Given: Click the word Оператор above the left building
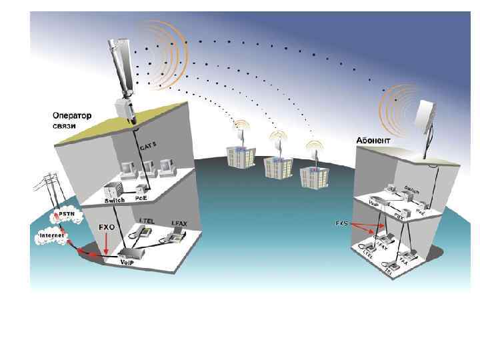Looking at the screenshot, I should pyautogui.click(x=72, y=115).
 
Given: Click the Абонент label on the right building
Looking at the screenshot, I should pyautogui.click(x=374, y=141).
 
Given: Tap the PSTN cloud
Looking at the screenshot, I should pyautogui.click(x=67, y=215).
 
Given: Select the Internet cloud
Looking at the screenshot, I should pyautogui.click(x=52, y=235).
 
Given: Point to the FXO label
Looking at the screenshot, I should pyautogui.click(x=107, y=227).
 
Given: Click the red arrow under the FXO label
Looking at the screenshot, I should pyautogui.click(x=105, y=243).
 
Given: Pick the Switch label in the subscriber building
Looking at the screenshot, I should pyautogui.click(x=411, y=190).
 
